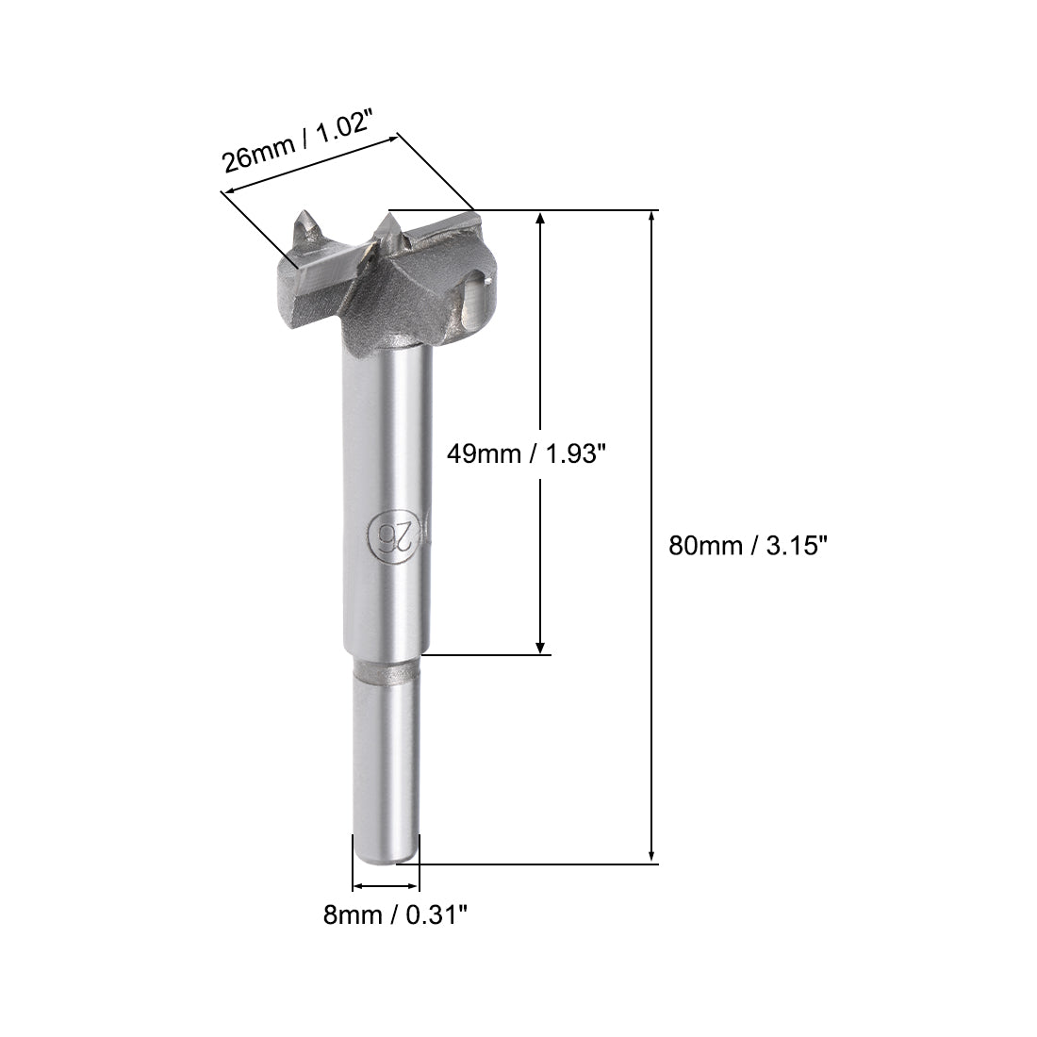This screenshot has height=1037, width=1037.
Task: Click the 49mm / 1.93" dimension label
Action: [x=523, y=454]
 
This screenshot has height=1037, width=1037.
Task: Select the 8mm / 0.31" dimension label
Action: [x=395, y=914]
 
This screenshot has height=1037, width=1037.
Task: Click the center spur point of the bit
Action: [x=387, y=224]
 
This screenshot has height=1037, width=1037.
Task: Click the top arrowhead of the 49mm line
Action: [x=540, y=218]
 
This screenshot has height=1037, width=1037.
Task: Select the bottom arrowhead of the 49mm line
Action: [x=540, y=646]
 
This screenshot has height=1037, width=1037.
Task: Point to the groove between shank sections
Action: [x=387, y=671]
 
